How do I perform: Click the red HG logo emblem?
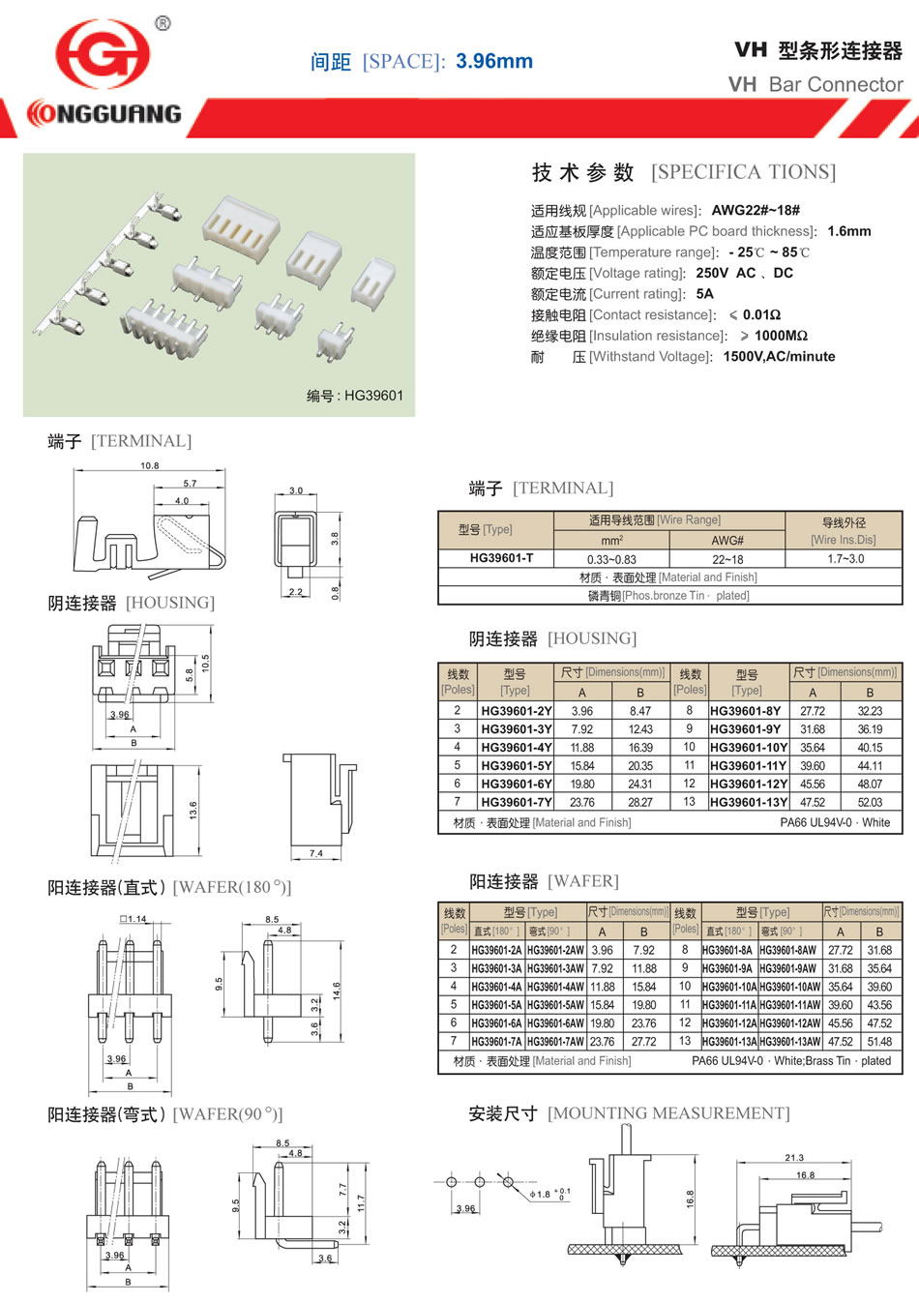click(x=103, y=54)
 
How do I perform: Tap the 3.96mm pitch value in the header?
click(x=493, y=61)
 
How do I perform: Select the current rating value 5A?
click(x=704, y=294)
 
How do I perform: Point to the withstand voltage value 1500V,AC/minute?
click(x=779, y=357)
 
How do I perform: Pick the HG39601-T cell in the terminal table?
click(x=501, y=558)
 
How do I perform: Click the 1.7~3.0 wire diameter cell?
click(x=845, y=559)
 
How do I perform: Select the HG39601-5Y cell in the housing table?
click(x=517, y=765)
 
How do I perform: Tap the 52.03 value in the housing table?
click(x=870, y=802)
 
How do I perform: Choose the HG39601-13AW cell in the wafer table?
click(x=790, y=1041)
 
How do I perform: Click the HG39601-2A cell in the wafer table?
click(x=496, y=950)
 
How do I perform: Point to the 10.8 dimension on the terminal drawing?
click(x=150, y=465)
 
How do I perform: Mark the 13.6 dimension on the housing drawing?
click(x=193, y=810)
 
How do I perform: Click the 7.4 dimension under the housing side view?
click(x=315, y=853)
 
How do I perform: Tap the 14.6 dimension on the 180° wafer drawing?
click(x=337, y=991)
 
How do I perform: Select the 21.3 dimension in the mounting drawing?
click(x=794, y=1158)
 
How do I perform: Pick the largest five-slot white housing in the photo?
click(x=242, y=227)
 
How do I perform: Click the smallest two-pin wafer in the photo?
click(x=335, y=343)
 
